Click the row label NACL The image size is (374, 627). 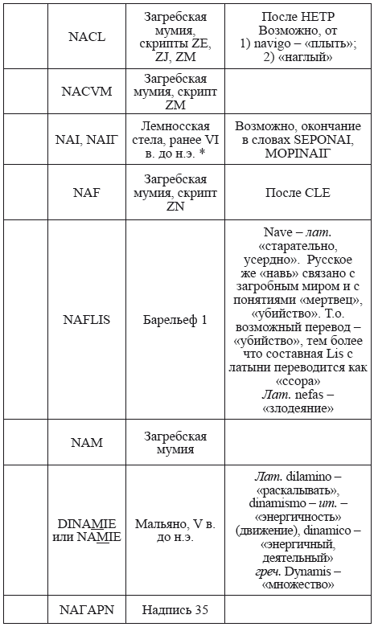tap(89, 37)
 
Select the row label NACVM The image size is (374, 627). tap(89, 91)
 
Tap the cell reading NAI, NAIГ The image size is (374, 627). tap(89, 139)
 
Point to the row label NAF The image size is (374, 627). tap(89, 193)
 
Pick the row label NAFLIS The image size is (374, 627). tap(89, 320)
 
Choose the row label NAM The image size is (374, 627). tap(89, 443)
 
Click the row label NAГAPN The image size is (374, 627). tap(89, 611)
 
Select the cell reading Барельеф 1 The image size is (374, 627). tap(175, 320)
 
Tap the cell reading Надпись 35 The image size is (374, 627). tap(175, 611)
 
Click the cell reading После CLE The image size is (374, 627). tap(298, 193)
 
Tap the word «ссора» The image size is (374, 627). tap(298, 381)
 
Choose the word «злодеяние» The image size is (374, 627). tap(298, 408)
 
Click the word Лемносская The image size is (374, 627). tap(175, 126)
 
